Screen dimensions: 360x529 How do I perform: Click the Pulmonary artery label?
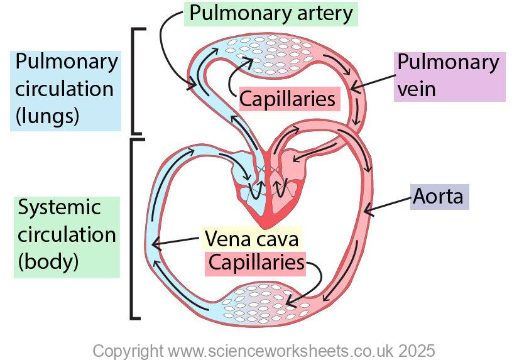[x=271, y=13]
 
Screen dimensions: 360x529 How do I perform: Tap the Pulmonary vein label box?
[x=450, y=76]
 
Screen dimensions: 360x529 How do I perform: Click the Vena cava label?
[x=251, y=239]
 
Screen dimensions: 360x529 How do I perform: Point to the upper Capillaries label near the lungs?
[x=288, y=99]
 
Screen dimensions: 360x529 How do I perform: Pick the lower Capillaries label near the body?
[x=256, y=263]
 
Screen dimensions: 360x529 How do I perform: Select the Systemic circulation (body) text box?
[x=66, y=235]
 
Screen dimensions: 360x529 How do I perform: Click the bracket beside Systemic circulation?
[x=134, y=229]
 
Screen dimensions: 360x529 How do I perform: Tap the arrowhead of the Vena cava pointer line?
[x=154, y=244]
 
